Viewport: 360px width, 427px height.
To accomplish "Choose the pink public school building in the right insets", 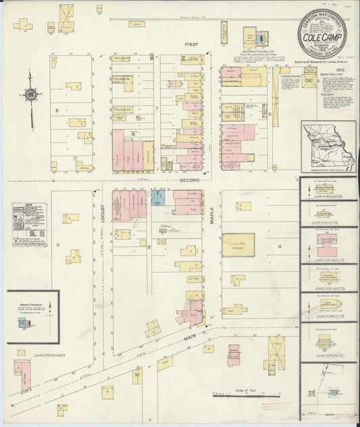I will pos(328,240).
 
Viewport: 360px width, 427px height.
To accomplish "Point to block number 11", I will pos(59,244).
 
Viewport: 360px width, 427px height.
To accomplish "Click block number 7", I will pos(156,108).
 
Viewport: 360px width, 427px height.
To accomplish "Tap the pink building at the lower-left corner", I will pos(22,375).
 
